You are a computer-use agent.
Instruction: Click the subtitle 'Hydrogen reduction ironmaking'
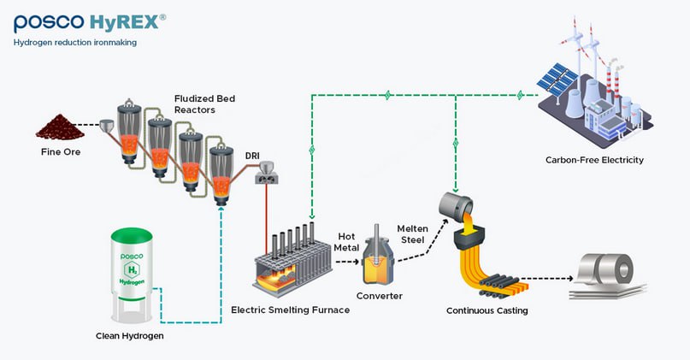tap(75, 42)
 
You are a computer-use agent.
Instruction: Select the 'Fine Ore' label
tap(62, 153)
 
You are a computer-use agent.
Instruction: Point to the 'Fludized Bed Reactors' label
tap(204, 104)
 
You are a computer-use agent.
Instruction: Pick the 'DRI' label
tap(253, 155)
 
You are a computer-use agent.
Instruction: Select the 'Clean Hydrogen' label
tap(129, 336)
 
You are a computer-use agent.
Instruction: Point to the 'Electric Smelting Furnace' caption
tap(291, 310)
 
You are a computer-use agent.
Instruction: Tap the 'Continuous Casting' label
tap(487, 310)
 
